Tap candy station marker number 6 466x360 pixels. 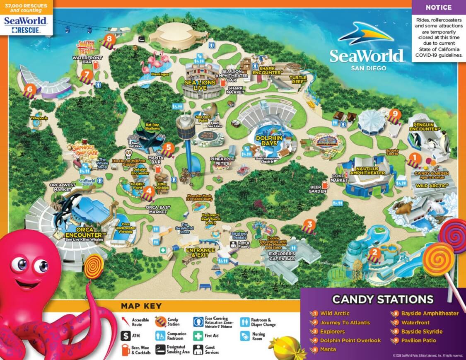(29, 89)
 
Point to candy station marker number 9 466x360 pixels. (395, 113)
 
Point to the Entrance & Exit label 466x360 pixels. (200, 252)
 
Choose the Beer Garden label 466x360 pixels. (317, 189)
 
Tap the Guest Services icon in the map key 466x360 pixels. (198, 349)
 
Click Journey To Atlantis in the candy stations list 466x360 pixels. (345, 322)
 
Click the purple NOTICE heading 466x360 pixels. (438, 7)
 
